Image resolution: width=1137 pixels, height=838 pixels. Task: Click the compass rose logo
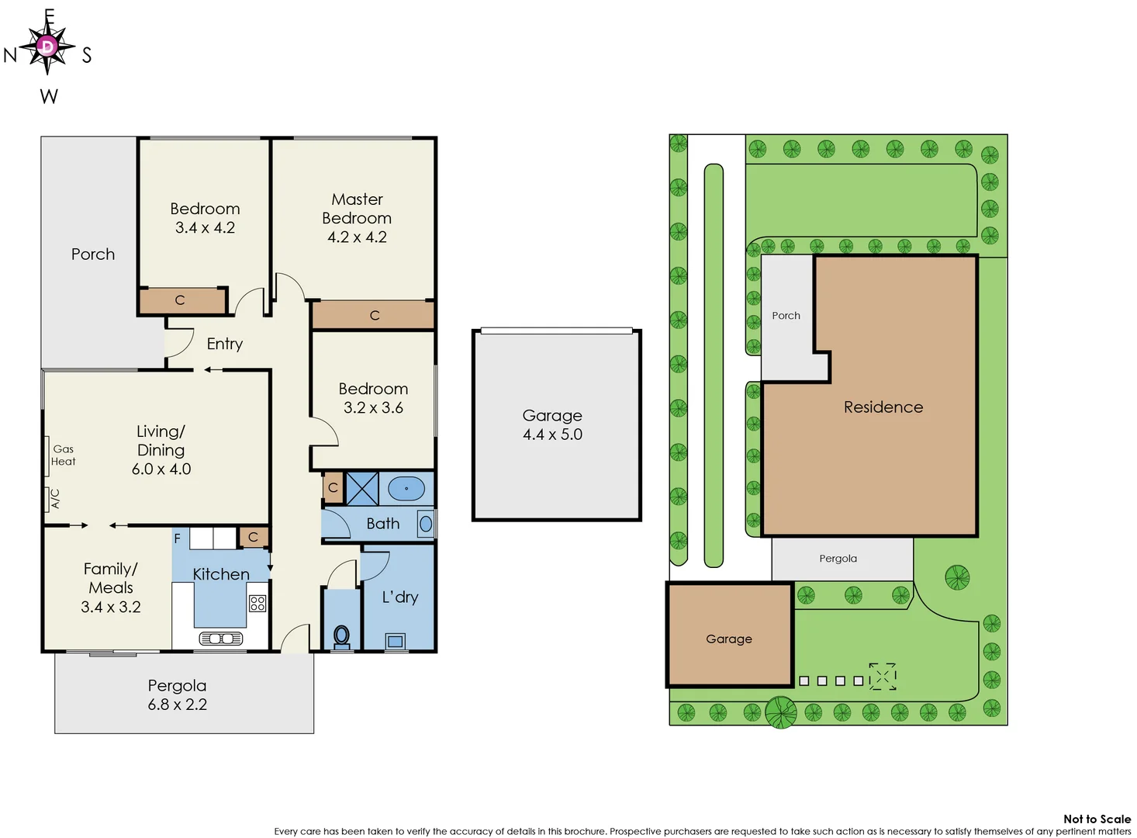pyautogui.click(x=47, y=47)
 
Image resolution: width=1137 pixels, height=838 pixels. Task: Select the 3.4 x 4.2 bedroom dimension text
pyautogui.click(x=205, y=228)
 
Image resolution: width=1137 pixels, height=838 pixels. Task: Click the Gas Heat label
pyautogui.click(x=63, y=455)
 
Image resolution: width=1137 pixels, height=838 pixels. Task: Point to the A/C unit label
pyautogui.click(x=54, y=498)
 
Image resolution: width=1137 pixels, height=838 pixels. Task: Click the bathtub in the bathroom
pyautogui.click(x=406, y=489)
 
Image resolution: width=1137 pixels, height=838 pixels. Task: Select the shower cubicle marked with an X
pyautogui.click(x=361, y=489)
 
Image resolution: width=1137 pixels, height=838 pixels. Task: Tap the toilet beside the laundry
pyautogui.click(x=341, y=635)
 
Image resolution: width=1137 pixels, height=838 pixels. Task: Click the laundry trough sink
pyautogui.click(x=396, y=641)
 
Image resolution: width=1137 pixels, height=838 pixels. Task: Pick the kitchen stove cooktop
pyautogui.click(x=257, y=603)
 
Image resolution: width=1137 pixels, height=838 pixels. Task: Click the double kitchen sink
pyautogui.click(x=221, y=639)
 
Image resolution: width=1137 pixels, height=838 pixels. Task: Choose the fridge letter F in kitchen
pyautogui.click(x=177, y=538)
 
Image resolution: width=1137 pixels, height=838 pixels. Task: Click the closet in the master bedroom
pyautogui.click(x=373, y=315)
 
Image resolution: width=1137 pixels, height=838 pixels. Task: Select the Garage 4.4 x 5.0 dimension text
pyautogui.click(x=552, y=435)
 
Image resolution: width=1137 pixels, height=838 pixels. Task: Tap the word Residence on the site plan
pyautogui.click(x=883, y=407)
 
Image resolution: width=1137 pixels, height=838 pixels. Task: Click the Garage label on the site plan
pyautogui.click(x=728, y=639)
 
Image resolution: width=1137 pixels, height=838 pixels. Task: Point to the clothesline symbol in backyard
pyautogui.click(x=882, y=676)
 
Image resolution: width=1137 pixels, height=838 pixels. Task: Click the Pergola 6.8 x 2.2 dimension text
pyautogui.click(x=178, y=705)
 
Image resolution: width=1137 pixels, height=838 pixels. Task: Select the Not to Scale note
pyautogui.click(x=1097, y=819)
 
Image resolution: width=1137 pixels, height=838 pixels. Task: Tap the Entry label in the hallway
pyautogui.click(x=225, y=344)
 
